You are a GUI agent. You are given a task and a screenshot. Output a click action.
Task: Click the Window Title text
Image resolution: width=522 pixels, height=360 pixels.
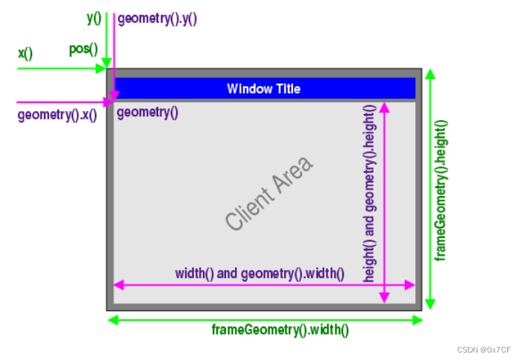tap(263, 89)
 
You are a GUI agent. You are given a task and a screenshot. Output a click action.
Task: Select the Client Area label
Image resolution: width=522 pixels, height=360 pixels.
tap(269, 193)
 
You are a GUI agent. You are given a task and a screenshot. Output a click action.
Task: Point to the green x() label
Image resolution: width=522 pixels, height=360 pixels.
tap(25, 54)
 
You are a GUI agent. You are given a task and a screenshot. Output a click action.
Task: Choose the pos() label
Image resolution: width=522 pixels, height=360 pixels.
tap(84, 50)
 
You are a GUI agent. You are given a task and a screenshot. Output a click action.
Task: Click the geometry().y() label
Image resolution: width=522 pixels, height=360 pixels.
tap(157, 19)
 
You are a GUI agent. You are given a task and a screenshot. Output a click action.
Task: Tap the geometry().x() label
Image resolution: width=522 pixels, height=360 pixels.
tap(57, 116)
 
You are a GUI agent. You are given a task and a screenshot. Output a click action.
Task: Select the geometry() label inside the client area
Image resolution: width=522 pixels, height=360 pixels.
tap(148, 113)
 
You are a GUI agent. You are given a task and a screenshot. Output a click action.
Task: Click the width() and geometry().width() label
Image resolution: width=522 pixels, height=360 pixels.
tap(260, 274)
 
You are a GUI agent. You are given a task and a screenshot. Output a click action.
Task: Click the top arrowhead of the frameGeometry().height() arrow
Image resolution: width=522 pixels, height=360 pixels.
tap(430, 73)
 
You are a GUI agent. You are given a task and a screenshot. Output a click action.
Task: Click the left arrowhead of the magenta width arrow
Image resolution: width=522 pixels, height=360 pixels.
tap(117, 285)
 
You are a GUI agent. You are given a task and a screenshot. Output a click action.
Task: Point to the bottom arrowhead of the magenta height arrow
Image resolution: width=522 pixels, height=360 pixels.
tap(384, 298)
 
